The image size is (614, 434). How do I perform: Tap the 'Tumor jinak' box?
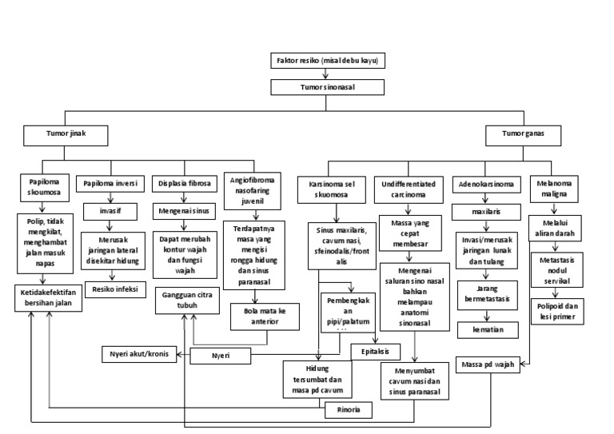click(65, 134)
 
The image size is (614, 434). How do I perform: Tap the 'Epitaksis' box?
click(375, 349)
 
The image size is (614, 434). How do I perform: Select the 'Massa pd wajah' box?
click(487, 365)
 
